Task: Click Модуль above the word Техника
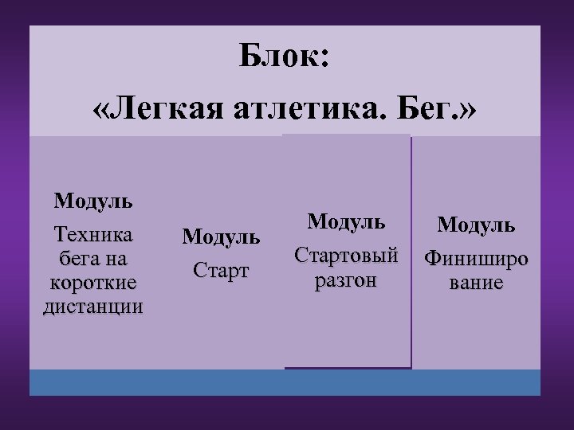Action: point(93,200)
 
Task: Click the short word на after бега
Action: point(116,259)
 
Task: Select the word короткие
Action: point(93,283)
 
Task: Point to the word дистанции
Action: point(93,307)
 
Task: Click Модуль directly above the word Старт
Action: point(221,236)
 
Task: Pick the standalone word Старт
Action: point(221,270)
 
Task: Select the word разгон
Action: point(346,280)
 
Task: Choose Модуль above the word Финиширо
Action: point(475,225)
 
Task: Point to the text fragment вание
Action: point(475,283)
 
